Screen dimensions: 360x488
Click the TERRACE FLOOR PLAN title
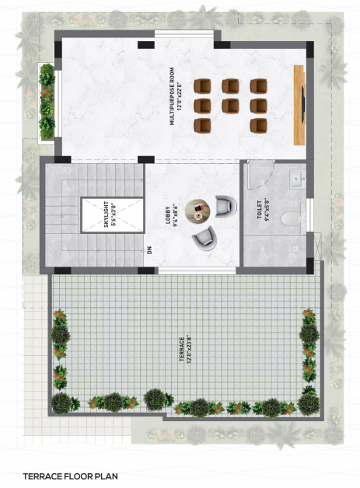71,476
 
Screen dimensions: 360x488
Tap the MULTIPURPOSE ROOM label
172,96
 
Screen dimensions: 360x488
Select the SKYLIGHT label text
107,214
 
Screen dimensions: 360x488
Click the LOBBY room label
168,215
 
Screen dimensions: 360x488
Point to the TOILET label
260,210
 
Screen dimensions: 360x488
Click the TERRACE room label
182,349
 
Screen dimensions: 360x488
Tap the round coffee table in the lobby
197,211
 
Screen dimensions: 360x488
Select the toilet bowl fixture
291,218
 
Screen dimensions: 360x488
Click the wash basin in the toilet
298,179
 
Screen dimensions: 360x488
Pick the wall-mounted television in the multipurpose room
303,104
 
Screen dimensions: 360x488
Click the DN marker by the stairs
149,250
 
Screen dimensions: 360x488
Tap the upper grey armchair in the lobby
225,206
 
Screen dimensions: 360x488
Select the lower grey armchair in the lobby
204,239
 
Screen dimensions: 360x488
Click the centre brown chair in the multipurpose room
230,105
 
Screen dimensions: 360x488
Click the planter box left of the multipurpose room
47,102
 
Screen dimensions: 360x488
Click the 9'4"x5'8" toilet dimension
267,210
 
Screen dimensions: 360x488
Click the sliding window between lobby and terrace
197,270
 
